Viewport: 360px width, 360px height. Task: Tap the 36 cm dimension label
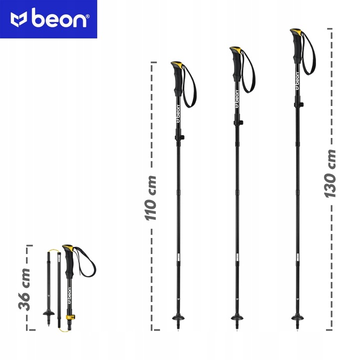tap(24, 289)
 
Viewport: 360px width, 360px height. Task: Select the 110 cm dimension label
tap(150, 198)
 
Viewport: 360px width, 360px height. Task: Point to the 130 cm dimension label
tap(330, 173)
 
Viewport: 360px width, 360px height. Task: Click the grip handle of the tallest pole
tap(296, 46)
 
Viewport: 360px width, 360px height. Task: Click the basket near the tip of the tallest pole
tap(297, 318)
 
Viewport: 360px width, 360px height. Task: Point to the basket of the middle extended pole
tap(237, 318)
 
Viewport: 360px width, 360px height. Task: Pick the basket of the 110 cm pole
tap(178, 318)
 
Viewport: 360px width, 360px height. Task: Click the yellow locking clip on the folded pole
tap(70, 317)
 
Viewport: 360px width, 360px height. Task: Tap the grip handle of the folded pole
tap(68, 261)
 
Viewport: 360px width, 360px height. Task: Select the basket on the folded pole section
tap(48, 313)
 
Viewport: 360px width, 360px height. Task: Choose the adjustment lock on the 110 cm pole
tap(179, 137)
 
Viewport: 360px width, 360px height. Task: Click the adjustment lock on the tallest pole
tap(298, 104)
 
